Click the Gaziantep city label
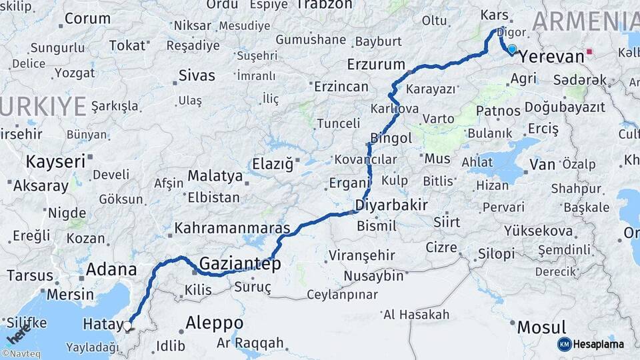(239, 263)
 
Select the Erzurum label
(376, 65)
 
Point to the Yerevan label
(551, 57)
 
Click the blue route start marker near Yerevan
(512, 49)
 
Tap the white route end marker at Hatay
(127, 326)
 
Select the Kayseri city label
(55, 161)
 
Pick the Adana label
(111, 270)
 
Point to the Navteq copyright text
(21, 354)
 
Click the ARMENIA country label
(585, 22)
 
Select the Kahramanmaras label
(232, 228)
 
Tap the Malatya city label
(215, 176)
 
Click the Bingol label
(391, 138)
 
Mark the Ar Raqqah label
(250, 343)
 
